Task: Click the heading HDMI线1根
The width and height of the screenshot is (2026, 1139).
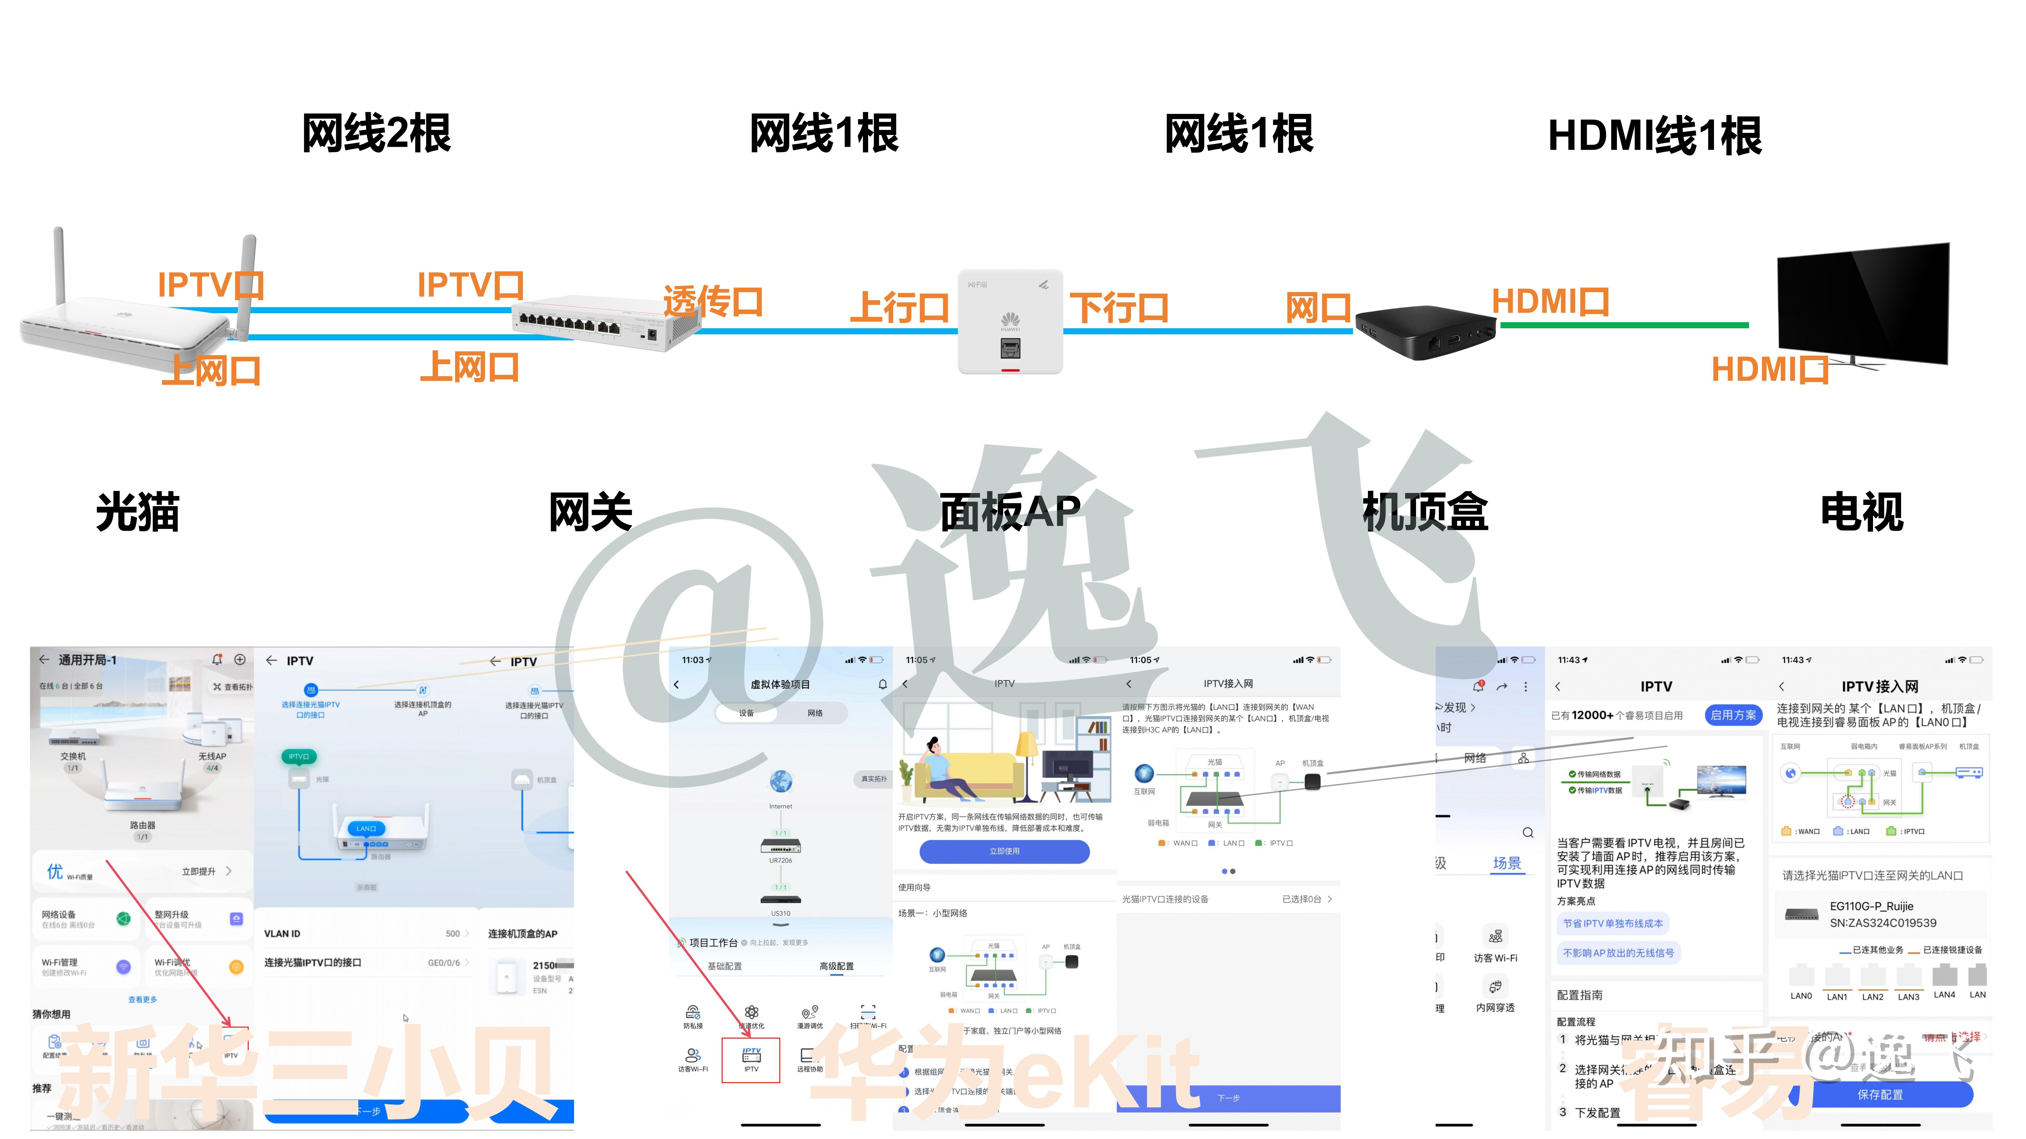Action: pyautogui.click(x=1655, y=135)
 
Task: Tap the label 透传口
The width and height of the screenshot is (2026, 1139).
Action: pyautogui.click(x=713, y=301)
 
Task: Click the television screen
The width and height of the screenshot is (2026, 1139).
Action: pyautogui.click(x=1864, y=303)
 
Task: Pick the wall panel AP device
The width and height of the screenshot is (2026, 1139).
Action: pyautogui.click(x=1010, y=322)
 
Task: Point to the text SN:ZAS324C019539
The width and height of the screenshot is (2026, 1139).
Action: pyautogui.click(x=1883, y=923)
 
